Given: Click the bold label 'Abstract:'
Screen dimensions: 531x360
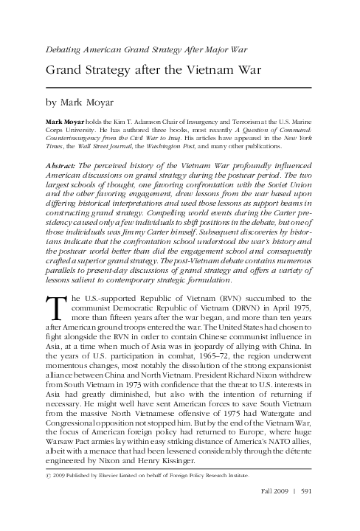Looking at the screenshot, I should click(x=60, y=167).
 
